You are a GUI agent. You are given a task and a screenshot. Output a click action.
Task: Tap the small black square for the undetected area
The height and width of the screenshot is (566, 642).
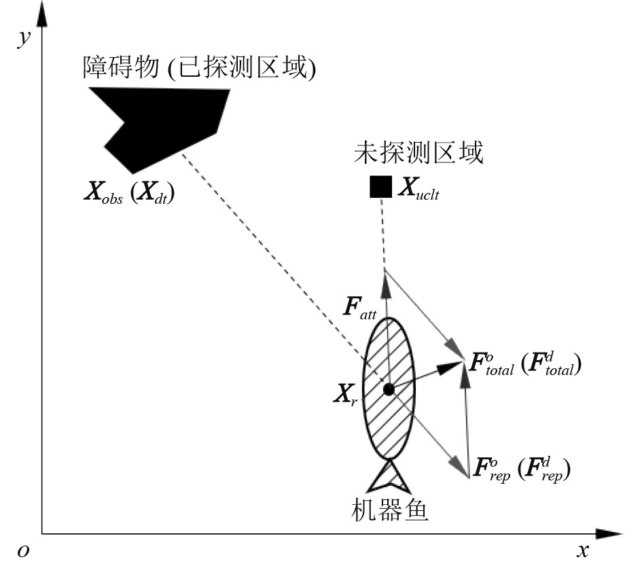[x=380, y=186]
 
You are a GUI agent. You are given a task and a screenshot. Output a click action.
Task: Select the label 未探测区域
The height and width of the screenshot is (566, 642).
[x=418, y=153]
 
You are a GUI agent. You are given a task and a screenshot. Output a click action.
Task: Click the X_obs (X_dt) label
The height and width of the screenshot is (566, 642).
[x=129, y=195]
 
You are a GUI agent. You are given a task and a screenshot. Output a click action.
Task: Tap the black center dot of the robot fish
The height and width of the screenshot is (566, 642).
[x=389, y=389]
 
